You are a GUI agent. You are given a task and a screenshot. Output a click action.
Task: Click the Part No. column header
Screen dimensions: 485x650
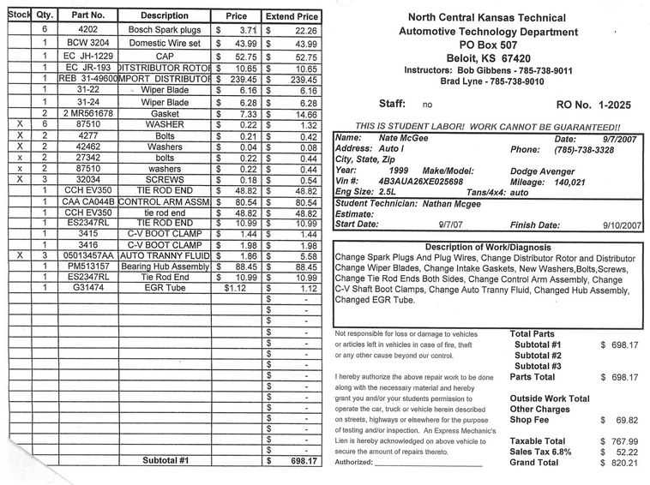[88, 15]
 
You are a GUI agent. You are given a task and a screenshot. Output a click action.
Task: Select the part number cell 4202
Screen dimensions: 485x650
[88, 29]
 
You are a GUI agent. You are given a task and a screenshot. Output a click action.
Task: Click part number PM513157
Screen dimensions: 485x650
[88, 266]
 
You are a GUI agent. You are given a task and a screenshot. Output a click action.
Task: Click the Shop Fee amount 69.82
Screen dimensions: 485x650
[622, 421]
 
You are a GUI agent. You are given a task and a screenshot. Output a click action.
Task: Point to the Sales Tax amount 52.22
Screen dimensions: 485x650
[622, 452]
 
